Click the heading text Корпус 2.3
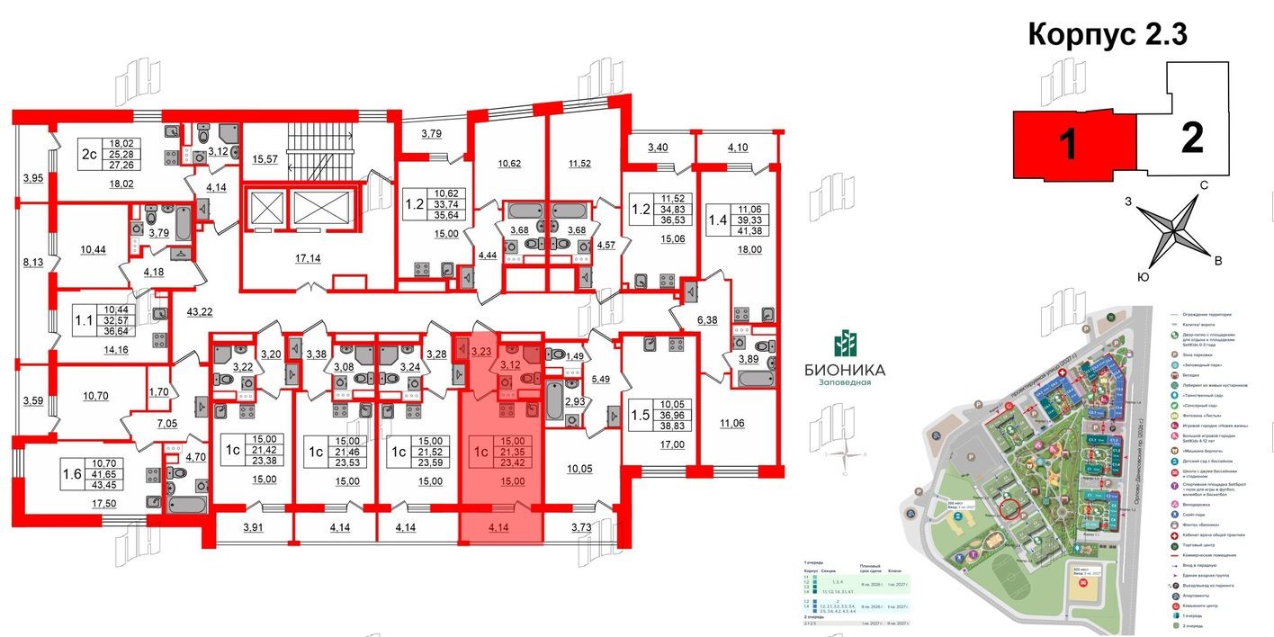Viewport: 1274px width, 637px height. (1108, 34)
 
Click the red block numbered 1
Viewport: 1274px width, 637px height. (1069, 144)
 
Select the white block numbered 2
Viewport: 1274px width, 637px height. (1191, 139)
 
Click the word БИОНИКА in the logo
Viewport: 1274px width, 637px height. (845, 369)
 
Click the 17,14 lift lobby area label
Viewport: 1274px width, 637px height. (306, 258)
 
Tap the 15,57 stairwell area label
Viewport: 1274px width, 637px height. (266, 159)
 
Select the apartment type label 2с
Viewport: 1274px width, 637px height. (88, 154)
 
